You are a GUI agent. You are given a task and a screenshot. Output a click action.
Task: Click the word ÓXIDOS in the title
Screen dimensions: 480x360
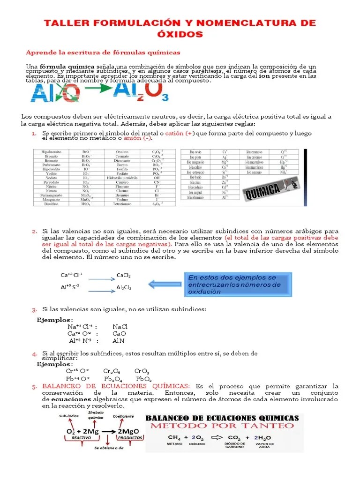pyautogui.click(x=180, y=34)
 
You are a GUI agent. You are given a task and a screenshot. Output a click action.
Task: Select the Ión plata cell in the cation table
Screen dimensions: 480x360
pyautogui.click(x=195, y=157)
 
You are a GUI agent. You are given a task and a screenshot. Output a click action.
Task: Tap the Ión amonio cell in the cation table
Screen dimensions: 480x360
pyautogui.click(x=254, y=172)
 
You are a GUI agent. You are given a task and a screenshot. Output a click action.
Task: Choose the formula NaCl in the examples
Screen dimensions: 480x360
pyautogui.click(x=120, y=326)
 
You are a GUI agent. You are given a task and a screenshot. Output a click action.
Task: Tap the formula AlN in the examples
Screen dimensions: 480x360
pyautogui.click(x=119, y=341)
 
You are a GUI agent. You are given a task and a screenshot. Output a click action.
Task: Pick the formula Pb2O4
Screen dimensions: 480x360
pyautogui.click(x=113, y=379)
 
